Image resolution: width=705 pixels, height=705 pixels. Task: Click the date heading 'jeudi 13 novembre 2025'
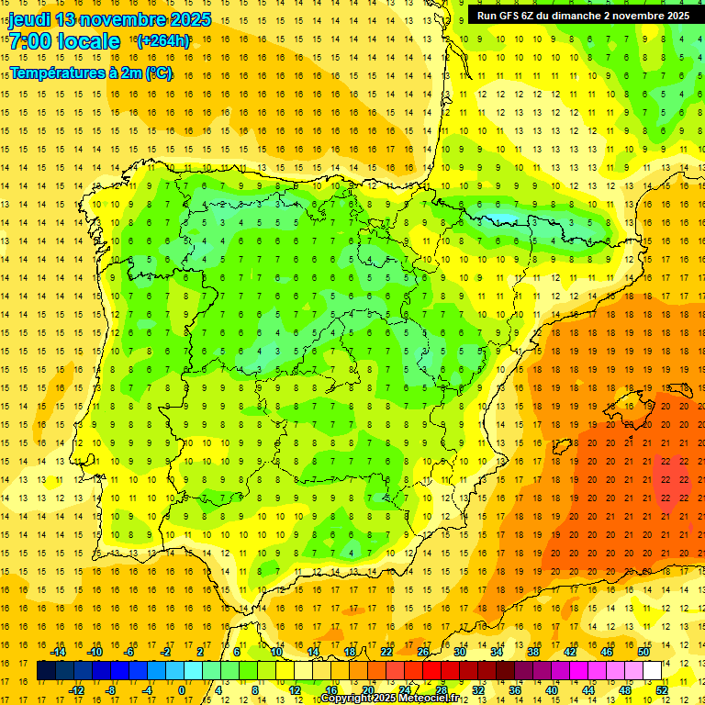110,19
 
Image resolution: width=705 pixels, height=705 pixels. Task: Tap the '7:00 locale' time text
64,41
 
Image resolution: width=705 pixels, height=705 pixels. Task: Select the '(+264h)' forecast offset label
163,40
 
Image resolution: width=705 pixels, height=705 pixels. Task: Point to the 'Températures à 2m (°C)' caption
91,73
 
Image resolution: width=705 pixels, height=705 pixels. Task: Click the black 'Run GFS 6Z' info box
583,15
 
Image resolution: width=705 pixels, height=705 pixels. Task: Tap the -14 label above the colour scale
59,651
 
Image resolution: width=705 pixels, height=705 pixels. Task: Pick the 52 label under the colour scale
662,690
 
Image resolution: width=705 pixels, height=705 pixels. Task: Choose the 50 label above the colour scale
643,651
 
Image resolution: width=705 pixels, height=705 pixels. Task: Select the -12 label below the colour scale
77,690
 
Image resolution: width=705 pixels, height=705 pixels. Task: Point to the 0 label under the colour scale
182,690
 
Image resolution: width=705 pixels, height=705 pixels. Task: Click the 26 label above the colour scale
423,651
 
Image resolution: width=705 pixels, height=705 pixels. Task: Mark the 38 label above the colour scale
533,651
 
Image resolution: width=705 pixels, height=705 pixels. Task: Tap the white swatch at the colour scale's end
652,670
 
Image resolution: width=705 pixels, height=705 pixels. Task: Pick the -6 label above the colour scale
130,651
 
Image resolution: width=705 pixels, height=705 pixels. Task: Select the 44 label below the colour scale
588,690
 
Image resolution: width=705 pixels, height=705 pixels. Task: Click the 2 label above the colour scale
200,651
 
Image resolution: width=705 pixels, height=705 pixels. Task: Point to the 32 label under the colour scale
478,690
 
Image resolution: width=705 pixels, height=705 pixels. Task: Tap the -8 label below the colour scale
112,690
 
